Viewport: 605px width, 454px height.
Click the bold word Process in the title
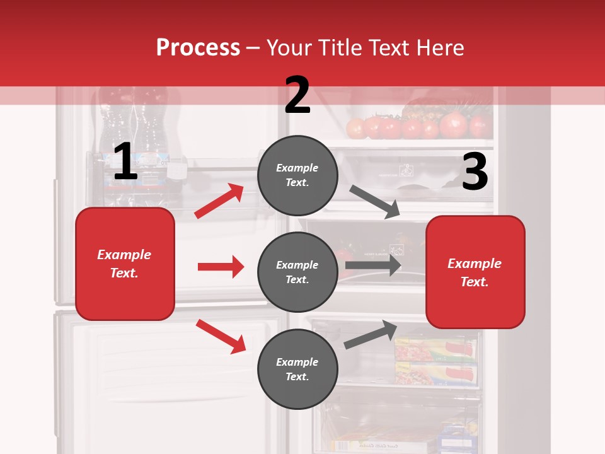pos(198,48)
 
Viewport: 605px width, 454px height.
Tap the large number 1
pos(125,162)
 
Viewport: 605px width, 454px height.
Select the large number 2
pos(297,95)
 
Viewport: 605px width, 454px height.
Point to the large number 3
pos(475,172)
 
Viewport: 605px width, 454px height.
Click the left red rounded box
pos(125,264)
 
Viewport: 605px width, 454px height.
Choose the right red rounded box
pos(475,272)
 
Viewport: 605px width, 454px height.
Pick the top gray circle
pos(297,175)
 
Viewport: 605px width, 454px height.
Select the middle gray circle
pos(297,272)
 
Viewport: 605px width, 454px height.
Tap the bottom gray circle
pos(297,369)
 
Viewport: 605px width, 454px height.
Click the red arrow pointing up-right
pos(219,201)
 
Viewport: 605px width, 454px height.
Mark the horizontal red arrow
pos(221,267)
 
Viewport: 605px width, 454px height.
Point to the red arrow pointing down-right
pos(221,336)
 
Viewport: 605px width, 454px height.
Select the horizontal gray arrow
pos(373,265)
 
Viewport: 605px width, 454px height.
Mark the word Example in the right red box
pos(475,264)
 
